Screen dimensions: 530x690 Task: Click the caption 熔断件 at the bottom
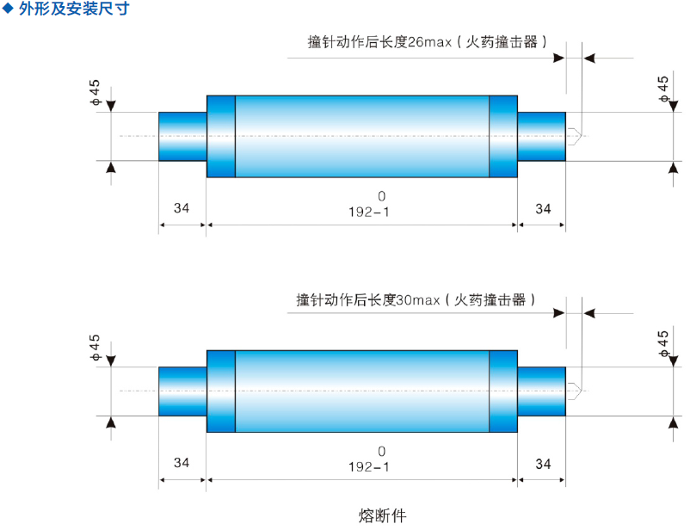coord(381,515)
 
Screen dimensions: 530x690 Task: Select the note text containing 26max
coord(428,41)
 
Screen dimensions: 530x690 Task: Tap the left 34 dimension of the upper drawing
coord(182,208)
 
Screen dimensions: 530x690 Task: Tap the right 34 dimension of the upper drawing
coord(543,208)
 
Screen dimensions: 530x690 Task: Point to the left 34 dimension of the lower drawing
coord(182,463)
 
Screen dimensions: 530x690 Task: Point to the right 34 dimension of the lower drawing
coord(543,464)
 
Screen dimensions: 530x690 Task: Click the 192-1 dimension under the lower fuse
coord(369,466)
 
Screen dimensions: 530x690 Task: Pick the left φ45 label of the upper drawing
coord(95,93)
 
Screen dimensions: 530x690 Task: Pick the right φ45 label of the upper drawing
coord(663,89)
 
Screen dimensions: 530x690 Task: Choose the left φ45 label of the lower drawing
coord(95,348)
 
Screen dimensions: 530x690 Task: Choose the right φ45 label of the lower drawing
coord(663,343)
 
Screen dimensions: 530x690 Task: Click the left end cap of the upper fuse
coord(182,136)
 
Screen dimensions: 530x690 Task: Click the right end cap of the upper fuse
coord(541,136)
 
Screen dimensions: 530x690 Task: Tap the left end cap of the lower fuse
coord(182,391)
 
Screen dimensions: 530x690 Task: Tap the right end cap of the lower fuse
coord(541,391)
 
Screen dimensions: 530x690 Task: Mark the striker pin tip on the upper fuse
coord(576,135)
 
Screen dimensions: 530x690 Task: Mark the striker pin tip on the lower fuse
coord(576,391)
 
